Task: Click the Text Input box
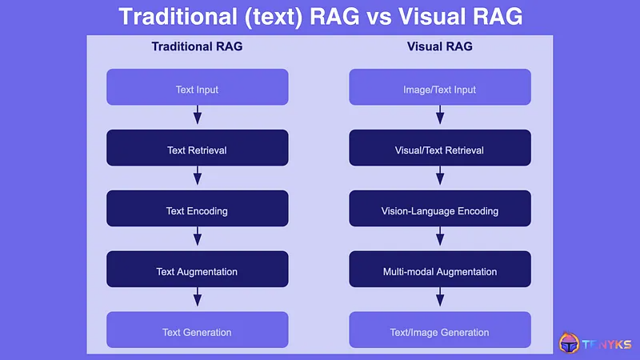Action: tap(197, 87)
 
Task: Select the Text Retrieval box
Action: tap(197, 148)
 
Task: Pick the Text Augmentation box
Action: tap(197, 270)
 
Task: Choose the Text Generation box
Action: tap(197, 330)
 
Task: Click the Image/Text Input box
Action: tap(440, 87)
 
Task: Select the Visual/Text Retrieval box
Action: tap(440, 148)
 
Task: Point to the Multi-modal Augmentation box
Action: tap(440, 270)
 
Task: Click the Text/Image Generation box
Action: tap(440, 330)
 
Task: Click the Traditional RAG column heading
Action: tap(197, 46)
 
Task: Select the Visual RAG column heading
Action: tap(439, 46)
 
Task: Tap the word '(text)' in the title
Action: tap(268, 16)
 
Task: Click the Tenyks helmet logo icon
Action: tap(570, 344)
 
